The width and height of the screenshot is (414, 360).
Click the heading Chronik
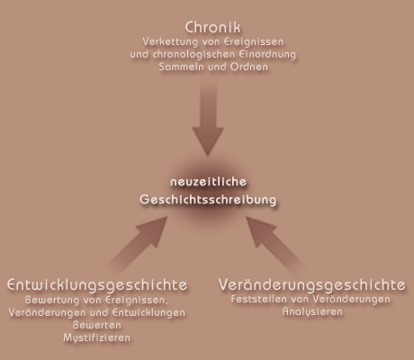[212, 27]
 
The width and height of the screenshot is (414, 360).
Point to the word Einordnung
[267, 55]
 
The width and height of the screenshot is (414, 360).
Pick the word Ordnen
[249, 67]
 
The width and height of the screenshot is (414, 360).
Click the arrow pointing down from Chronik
[208, 115]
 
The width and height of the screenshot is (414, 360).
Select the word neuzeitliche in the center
[209, 182]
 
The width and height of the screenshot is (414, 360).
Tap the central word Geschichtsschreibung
[208, 200]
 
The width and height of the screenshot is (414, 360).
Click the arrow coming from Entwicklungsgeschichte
[137, 245]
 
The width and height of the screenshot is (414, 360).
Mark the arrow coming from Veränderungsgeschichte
[277, 246]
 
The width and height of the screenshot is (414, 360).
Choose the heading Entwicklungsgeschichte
[97, 284]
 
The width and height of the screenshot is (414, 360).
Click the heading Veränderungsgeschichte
[312, 284]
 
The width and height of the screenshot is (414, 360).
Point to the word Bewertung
[52, 300]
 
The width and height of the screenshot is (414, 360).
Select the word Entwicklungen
[149, 312]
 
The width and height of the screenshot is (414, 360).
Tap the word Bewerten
[97, 325]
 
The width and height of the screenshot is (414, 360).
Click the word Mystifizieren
[97, 337]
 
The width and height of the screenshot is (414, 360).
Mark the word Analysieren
[312, 311]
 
